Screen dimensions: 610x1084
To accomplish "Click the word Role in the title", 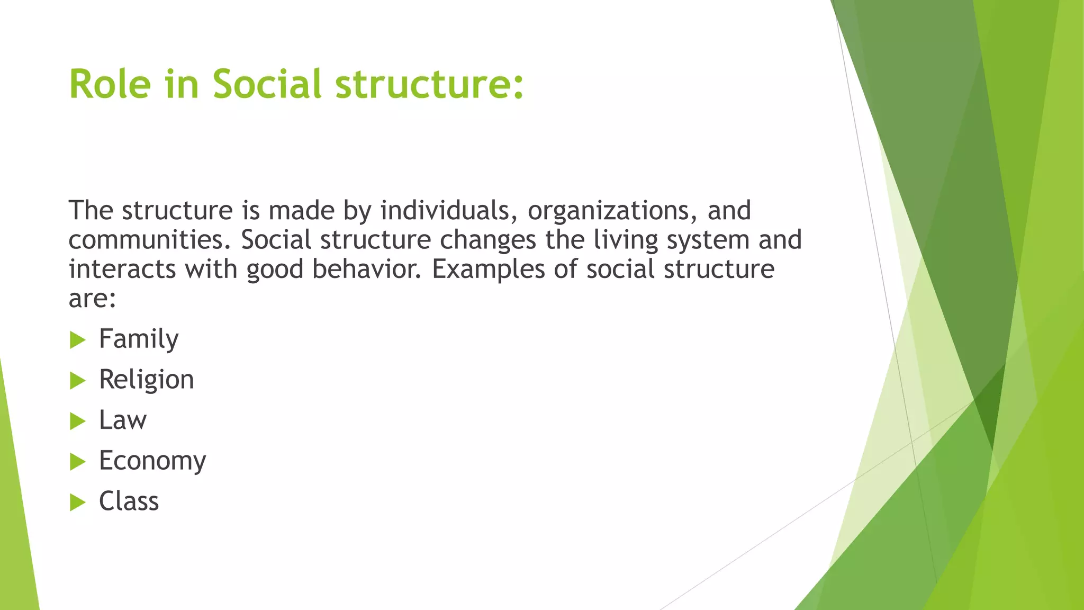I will pyautogui.click(x=110, y=84).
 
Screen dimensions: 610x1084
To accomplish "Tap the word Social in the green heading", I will pyautogui.click(x=267, y=84).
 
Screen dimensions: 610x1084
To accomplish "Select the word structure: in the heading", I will pyautogui.click(x=429, y=84).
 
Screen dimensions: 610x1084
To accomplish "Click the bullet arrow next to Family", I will pyautogui.click(x=77, y=340).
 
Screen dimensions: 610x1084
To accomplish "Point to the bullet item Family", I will pyautogui.click(x=139, y=339).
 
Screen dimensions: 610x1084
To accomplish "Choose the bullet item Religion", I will pyautogui.click(x=146, y=380).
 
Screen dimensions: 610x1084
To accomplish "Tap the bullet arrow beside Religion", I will pyautogui.click(x=77, y=380).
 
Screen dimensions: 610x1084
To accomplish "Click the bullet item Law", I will pyautogui.click(x=123, y=420).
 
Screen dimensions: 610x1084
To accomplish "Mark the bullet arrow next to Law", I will pyautogui.click(x=77, y=421).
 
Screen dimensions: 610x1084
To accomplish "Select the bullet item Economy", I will pyautogui.click(x=152, y=461).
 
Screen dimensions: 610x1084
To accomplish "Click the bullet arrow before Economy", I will pyautogui.click(x=77, y=462).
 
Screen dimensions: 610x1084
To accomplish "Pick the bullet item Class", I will pyautogui.click(x=129, y=501).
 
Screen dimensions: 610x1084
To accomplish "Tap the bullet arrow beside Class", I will pyautogui.click(x=77, y=502).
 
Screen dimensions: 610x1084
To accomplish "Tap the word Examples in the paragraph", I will pyautogui.click(x=488, y=269).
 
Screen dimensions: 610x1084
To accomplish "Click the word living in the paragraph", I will pyautogui.click(x=626, y=240).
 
